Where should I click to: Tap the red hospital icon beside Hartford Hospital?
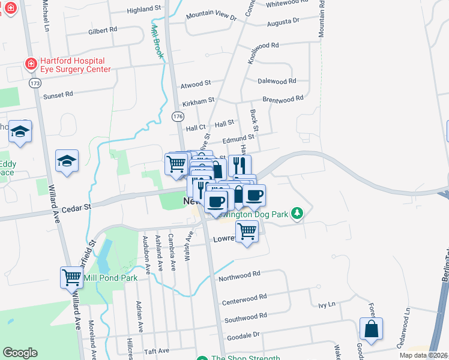(x=29, y=63)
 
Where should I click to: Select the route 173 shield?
(x=35, y=82)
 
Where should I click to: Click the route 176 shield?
(x=178, y=115)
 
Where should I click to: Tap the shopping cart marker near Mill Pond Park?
(x=71, y=277)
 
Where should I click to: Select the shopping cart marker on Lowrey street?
(x=247, y=230)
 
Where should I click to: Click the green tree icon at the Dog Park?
(x=296, y=213)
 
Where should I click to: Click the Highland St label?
(x=145, y=10)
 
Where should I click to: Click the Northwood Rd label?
(x=240, y=273)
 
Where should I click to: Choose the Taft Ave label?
(x=156, y=350)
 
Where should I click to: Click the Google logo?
(x=20, y=353)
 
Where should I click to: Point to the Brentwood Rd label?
(x=283, y=98)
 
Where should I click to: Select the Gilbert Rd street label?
(x=102, y=30)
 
